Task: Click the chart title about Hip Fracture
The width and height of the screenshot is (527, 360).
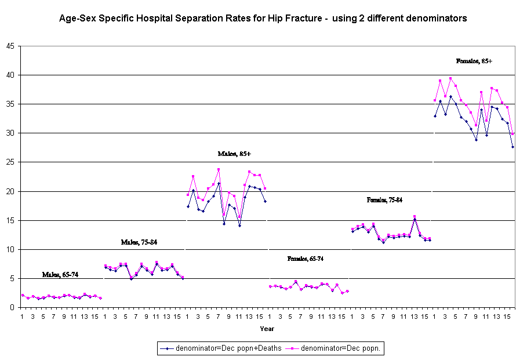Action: click(x=263, y=19)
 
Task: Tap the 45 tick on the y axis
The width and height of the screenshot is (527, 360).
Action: click(x=10, y=46)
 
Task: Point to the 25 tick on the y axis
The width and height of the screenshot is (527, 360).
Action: click(x=10, y=162)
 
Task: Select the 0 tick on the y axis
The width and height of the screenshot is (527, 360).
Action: click(x=13, y=308)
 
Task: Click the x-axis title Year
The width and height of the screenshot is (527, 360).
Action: click(x=267, y=329)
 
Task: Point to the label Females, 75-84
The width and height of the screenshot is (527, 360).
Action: click(x=384, y=200)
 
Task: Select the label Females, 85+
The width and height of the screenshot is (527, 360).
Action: click(x=474, y=61)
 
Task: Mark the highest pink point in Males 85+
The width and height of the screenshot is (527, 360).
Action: click(x=219, y=170)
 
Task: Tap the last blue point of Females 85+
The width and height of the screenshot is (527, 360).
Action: click(x=513, y=147)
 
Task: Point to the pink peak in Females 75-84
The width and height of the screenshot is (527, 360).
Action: click(x=415, y=217)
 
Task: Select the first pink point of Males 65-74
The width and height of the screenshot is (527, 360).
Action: click(x=22, y=295)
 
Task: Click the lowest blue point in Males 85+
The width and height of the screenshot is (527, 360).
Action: click(x=239, y=226)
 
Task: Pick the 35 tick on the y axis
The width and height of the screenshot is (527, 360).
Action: click(x=10, y=104)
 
